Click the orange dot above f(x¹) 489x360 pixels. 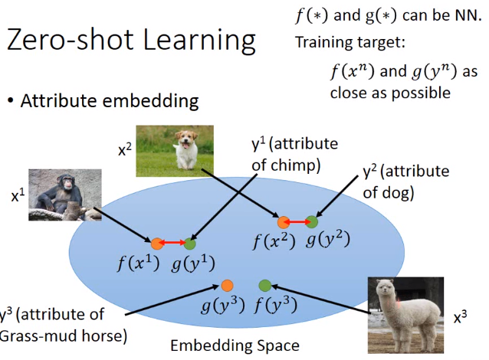tap(156, 244)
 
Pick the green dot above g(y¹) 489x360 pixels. tap(189, 244)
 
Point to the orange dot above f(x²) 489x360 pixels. tap(283, 222)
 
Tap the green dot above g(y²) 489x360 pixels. tap(312, 222)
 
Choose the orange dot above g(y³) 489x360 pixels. tap(227, 285)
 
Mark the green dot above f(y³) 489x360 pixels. tap(265, 285)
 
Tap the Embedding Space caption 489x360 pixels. tap(235, 345)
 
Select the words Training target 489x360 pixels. tap(344, 43)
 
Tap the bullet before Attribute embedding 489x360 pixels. tap(11, 101)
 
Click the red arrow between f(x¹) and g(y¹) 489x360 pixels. tap(173, 244)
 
